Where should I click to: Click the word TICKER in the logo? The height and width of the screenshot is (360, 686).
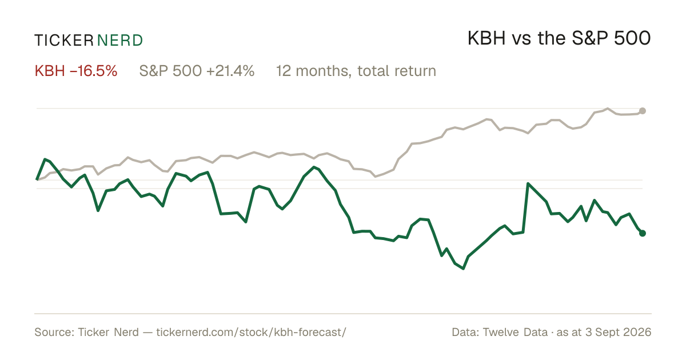coord(63,41)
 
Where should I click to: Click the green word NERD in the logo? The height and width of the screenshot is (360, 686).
coord(119,41)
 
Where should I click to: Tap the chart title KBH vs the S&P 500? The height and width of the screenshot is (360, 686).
coord(559,38)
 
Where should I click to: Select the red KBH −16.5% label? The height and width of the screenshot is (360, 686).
coord(76,71)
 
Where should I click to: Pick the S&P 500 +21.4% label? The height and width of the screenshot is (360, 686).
coord(197,71)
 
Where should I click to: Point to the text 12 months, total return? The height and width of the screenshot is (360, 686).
coord(356,71)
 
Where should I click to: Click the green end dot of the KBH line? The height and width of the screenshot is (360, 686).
coord(643,233)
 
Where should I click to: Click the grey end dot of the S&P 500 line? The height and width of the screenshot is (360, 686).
coord(643,111)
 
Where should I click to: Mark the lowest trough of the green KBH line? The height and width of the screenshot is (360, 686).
coord(463,269)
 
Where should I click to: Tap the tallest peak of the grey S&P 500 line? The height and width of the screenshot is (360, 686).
coord(608,109)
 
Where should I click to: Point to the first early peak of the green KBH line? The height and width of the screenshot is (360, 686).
coord(45,159)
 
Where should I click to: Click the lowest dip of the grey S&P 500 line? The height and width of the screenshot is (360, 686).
coord(376,177)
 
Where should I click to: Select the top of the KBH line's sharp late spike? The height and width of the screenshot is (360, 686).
coord(528,183)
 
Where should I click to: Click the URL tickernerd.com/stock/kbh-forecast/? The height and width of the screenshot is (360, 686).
coord(251,332)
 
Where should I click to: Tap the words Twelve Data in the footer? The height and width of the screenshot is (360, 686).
coord(515,332)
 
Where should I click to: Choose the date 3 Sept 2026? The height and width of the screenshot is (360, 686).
coord(619,333)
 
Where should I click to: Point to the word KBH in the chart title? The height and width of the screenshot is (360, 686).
coord(486,38)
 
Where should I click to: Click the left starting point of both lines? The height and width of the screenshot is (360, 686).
coord(37,179)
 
